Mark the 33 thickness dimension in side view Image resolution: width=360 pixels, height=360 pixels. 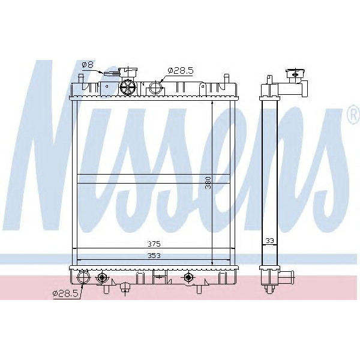point(269,241)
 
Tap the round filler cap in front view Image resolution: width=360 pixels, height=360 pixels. point(128,87)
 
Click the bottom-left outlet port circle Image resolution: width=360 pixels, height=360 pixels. point(83,277)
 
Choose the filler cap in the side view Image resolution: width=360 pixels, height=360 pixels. point(295,74)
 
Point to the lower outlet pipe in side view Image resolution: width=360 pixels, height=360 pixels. point(287,278)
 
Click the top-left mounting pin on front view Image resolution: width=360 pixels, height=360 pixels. point(79,79)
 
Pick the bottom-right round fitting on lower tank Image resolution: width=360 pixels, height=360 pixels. point(190,277)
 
